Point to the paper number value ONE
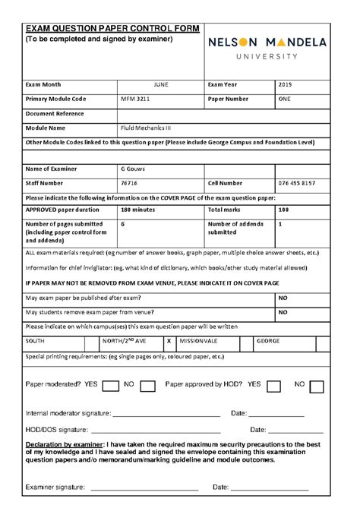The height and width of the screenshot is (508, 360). pos(285,99)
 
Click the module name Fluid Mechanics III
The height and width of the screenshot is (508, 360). pos(146,128)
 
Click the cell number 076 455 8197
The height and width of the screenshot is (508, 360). pos(298,183)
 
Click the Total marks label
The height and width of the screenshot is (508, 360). pos(226,209)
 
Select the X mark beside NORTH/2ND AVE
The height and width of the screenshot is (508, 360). pos(168,342)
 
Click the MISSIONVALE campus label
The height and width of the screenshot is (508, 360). pos(198,342)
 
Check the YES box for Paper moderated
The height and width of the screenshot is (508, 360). pos(110,386)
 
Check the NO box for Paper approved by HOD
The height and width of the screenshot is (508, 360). pos(317,386)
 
